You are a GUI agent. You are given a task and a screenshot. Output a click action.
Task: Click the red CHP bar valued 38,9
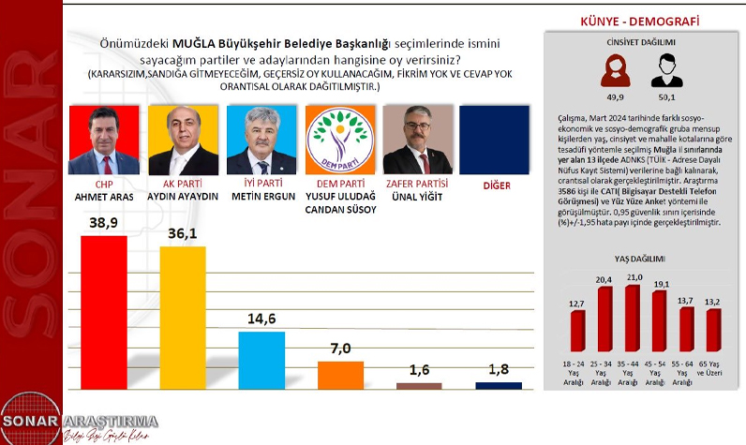click(104, 312)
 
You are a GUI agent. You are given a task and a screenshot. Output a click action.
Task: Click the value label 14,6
click(261, 317)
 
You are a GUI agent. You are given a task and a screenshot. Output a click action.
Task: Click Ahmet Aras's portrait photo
click(104, 140)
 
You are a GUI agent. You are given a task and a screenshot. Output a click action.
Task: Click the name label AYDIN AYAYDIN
click(182, 199)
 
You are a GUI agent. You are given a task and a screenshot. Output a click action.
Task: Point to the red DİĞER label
click(497, 185)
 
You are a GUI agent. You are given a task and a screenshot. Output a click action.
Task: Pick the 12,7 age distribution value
click(577, 304)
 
